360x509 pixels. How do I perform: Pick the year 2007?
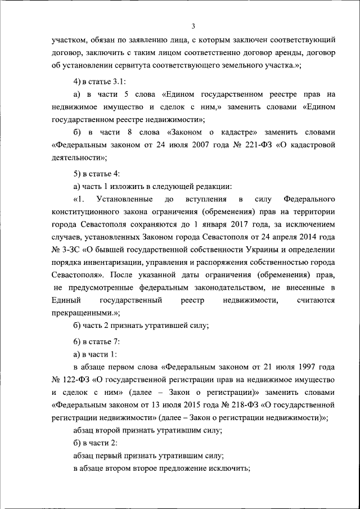click(x=187, y=145)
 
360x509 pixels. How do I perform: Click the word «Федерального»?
click(x=309, y=199)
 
